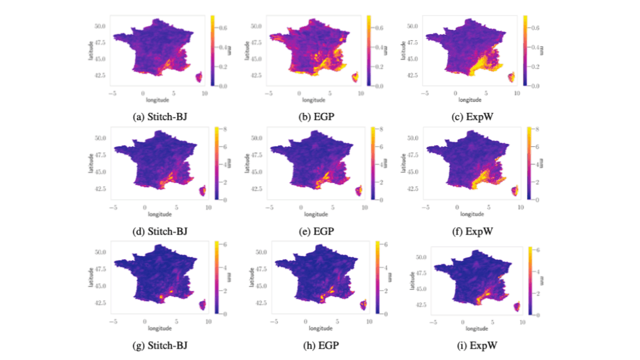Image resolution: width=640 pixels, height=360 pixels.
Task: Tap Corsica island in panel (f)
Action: click(515, 191)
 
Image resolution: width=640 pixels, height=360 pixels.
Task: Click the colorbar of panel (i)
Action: click(530, 280)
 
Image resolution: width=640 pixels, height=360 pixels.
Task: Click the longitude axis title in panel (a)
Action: click(159, 100)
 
